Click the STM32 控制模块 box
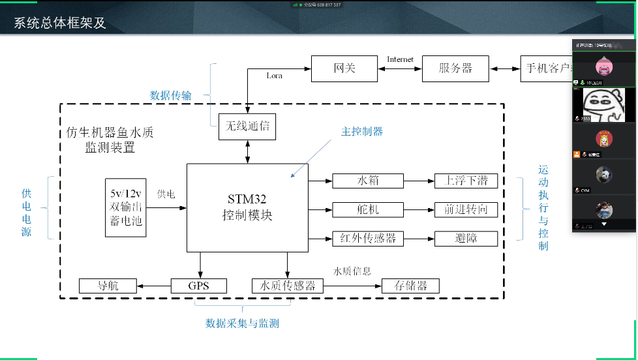pos(247,207)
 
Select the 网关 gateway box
pos(344,68)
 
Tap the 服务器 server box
pos(455,68)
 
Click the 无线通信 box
pos(247,126)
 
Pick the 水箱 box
pos(368,181)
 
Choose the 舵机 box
pos(368,209)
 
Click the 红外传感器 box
pos(368,238)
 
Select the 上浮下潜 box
pos(466,181)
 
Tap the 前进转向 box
pos(466,209)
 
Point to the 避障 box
pos(466,238)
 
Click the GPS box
pos(198,286)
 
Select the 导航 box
pos(108,286)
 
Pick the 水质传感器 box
pos(288,286)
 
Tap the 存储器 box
pos(410,286)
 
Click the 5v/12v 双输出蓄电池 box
pos(126,207)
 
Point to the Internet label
pos(400,59)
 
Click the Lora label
pos(275,76)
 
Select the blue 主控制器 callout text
pos(362,131)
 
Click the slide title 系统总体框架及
pos(60,24)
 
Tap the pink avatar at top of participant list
pos(603,67)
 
